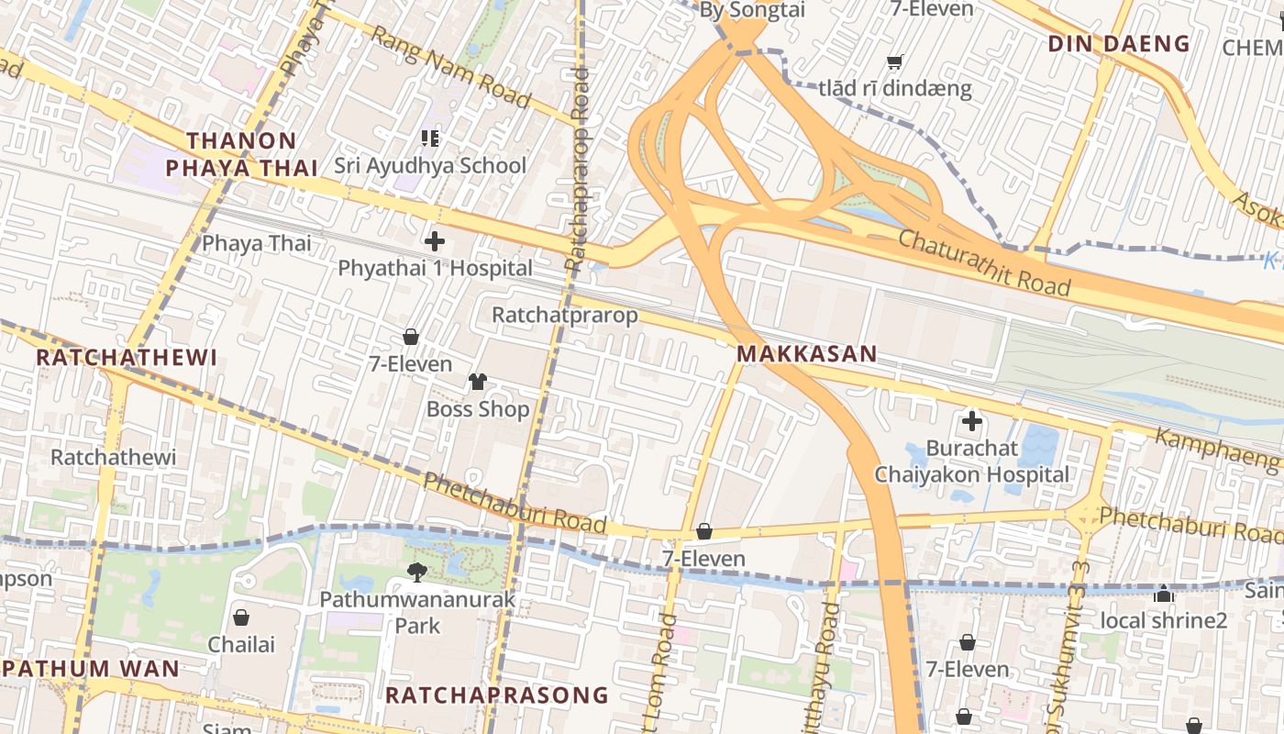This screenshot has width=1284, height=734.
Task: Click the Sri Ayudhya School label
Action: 429,166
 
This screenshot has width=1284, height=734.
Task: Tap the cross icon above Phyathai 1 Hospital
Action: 435,242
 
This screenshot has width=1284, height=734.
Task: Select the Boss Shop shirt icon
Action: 478,382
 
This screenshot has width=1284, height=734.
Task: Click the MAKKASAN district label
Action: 807,353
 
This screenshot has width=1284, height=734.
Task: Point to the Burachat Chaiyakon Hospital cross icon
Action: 971,422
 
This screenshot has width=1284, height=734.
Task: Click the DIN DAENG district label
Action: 1119,43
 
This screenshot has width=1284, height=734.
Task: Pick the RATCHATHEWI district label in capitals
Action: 127,358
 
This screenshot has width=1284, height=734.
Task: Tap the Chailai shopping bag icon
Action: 241,617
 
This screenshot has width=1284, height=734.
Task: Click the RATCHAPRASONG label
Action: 496,695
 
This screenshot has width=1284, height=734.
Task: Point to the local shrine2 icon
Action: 1164,594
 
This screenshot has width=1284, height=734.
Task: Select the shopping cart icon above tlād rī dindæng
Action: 894,62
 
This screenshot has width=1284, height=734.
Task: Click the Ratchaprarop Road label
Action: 578,170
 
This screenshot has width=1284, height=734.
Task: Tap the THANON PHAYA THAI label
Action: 242,154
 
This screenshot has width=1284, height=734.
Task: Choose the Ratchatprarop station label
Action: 564,316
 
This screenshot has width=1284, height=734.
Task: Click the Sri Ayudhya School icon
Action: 430,139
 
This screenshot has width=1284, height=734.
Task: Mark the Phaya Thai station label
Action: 257,243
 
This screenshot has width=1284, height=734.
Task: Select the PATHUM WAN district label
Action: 92,668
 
